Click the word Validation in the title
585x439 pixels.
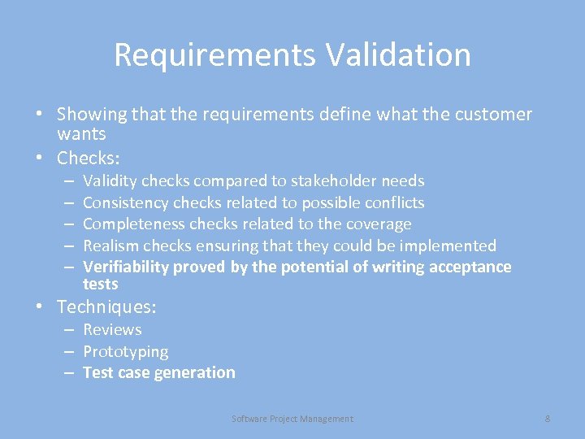coord(398,55)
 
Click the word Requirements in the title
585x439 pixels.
coord(214,55)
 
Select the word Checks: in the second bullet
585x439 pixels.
coord(89,158)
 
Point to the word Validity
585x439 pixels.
coord(110,180)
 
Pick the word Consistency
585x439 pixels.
coord(126,202)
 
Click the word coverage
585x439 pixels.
coord(380,224)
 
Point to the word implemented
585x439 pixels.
coord(447,246)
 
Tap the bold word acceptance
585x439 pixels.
coord(469,267)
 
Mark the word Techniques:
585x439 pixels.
coord(106,307)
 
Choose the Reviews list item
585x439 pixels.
coord(112,329)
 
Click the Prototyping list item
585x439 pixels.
coord(126,351)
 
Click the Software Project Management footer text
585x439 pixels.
coord(292,419)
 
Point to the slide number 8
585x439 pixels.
coord(548,419)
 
